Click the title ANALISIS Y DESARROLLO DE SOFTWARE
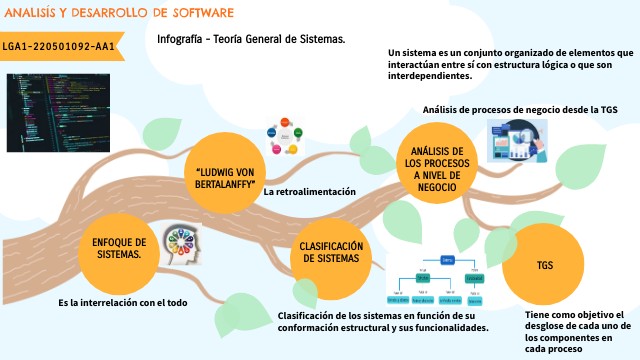pyautogui.click(x=119, y=14)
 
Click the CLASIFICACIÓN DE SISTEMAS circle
pyautogui.click(x=329, y=251)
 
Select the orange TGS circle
pyautogui.click(x=544, y=267)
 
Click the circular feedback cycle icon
pyautogui.click(x=283, y=139)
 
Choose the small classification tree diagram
pyautogui.click(x=439, y=279)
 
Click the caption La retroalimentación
pyautogui.click(x=309, y=191)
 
